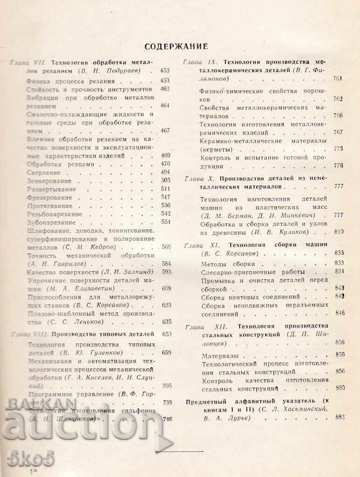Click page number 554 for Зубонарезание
pos(165,222)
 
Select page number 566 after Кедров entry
pos(165,247)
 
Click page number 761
pos(338,78)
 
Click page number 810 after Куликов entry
pos(339,232)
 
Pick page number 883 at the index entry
pos(339,417)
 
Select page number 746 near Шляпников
pos(166,419)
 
